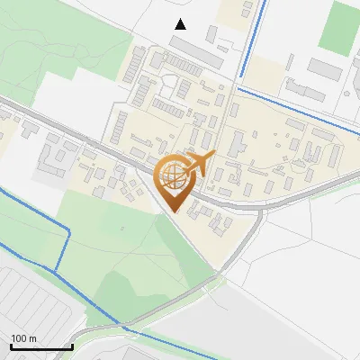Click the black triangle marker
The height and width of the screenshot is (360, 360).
pyautogui.click(x=181, y=24)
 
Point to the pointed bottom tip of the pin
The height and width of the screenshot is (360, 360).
pyautogui.click(x=174, y=212)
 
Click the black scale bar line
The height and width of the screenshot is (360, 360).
pyautogui.click(x=41, y=346)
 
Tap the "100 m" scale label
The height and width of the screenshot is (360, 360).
pyautogui.click(x=24, y=338)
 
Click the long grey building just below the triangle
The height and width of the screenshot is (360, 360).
pyautogui.click(x=196, y=52)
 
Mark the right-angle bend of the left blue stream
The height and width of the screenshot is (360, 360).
pyautogui.click(x=68, y=231)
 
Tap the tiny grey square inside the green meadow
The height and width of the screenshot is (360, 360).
pyautogui.click(x=122, y=229)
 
